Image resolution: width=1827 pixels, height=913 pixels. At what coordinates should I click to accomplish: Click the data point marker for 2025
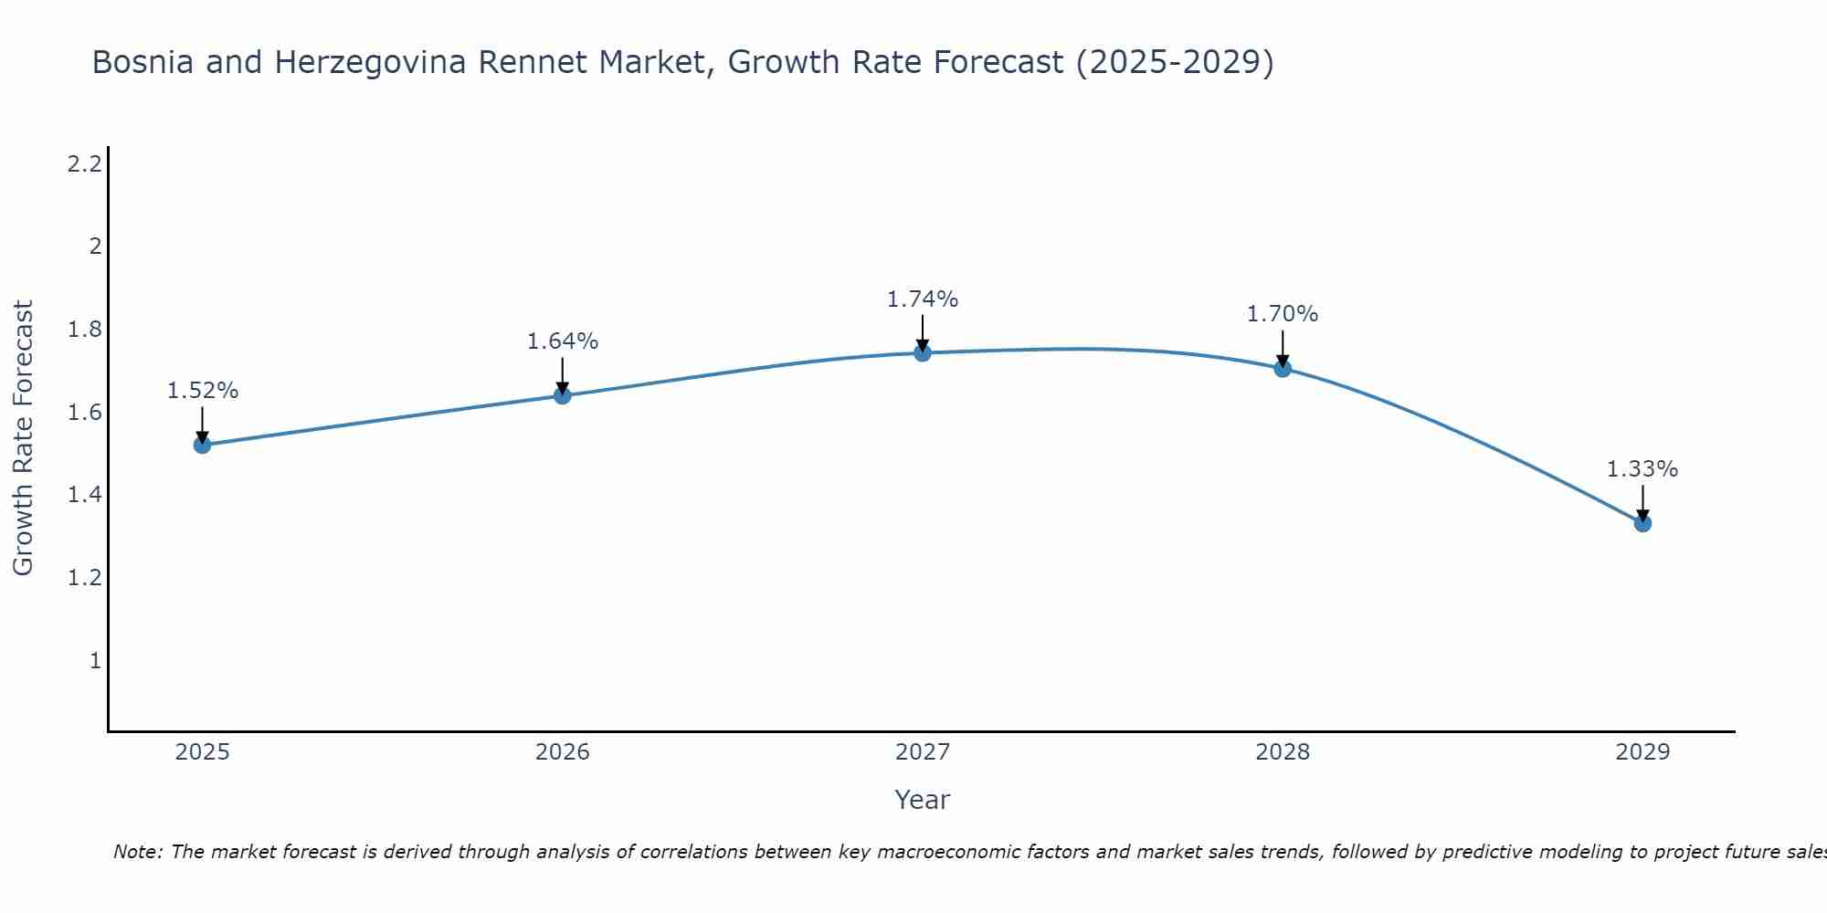pos(202,445)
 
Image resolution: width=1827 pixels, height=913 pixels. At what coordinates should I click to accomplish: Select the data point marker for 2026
pos(563,395)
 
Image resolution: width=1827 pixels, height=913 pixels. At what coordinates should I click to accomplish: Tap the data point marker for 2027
pos(923,352)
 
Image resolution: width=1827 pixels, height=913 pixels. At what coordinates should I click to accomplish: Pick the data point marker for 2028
pos(1283,368)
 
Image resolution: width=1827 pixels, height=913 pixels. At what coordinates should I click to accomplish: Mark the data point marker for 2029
pos(1642,523)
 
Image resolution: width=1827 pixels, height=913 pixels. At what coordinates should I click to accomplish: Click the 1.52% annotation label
pos(202,391)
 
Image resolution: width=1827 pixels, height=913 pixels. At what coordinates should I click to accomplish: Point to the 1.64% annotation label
pos(563,341)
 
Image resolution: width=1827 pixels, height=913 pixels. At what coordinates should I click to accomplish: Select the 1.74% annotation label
pos(923,299)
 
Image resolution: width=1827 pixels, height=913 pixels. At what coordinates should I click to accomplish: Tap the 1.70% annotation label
pos(1283,314)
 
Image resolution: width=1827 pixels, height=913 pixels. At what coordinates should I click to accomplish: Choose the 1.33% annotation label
pos(1642,469)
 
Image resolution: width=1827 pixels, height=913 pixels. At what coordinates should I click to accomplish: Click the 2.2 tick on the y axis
pos(85,164)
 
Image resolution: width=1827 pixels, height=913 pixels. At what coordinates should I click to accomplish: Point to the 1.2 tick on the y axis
pos(85,578)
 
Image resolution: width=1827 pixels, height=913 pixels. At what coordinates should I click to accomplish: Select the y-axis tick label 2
pos(94,247)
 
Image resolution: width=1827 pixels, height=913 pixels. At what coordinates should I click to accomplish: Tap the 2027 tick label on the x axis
pos(923,752)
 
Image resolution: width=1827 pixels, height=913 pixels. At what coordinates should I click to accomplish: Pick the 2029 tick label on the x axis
pos(1642,752)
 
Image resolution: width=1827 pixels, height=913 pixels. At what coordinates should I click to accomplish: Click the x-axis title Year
pos(923,800)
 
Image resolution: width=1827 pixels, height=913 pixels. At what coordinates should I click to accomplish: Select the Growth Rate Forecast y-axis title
pos(23,438)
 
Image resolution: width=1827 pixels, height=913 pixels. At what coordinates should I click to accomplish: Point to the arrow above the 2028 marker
pos(1283,347)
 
